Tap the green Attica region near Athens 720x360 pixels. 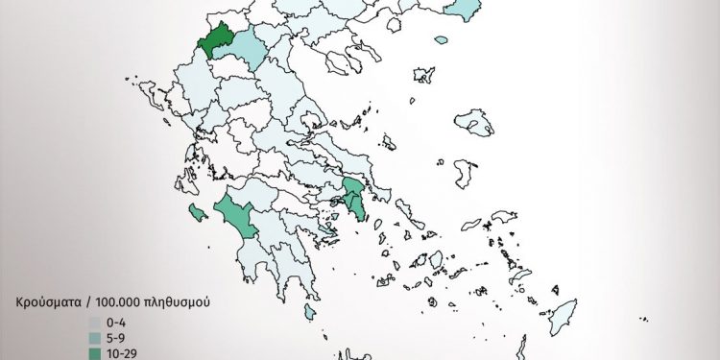(x=356, y=196)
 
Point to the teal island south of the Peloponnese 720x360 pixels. (x=310, y=313)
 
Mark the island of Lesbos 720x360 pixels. (x=473, y=123)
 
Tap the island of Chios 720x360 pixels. (x=465, y=173)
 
